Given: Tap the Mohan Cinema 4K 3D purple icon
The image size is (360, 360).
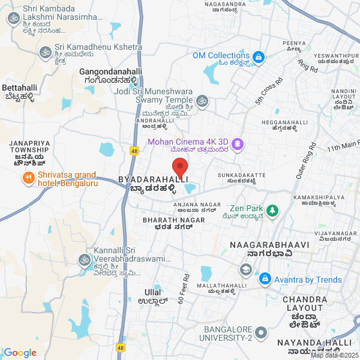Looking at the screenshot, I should tap(238, 144).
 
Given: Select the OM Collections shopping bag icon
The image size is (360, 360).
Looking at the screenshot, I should tap(259, 58).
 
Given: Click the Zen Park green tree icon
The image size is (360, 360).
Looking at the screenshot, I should tap(273, 211).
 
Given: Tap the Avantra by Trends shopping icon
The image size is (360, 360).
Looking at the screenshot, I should tap(265, 280).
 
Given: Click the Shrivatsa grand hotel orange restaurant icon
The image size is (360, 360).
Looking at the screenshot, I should tap(28, 178).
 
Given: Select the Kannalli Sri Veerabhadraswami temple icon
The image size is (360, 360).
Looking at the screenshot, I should tap(83, 260).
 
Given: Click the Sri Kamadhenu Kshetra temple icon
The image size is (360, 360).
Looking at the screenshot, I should tap(44, 53).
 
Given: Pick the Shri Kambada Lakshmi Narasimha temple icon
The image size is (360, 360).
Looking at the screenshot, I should tap(13, 19).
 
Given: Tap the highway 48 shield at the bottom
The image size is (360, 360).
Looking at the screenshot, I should tap(122, 347).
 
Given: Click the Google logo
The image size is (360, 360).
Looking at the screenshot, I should tap(20, 353).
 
